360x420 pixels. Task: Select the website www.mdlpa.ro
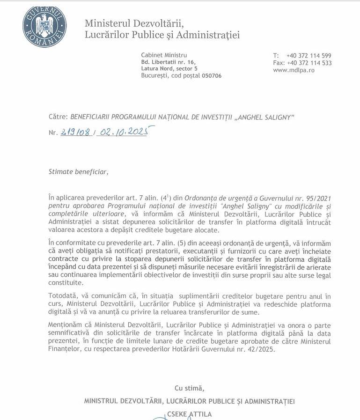(294, 70)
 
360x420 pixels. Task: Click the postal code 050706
(212, 75)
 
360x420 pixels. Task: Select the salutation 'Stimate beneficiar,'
(78, 171)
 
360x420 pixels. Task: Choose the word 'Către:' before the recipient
(58, 116)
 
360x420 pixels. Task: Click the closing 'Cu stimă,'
(189, 388)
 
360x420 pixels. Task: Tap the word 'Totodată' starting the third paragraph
(63, 296)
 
